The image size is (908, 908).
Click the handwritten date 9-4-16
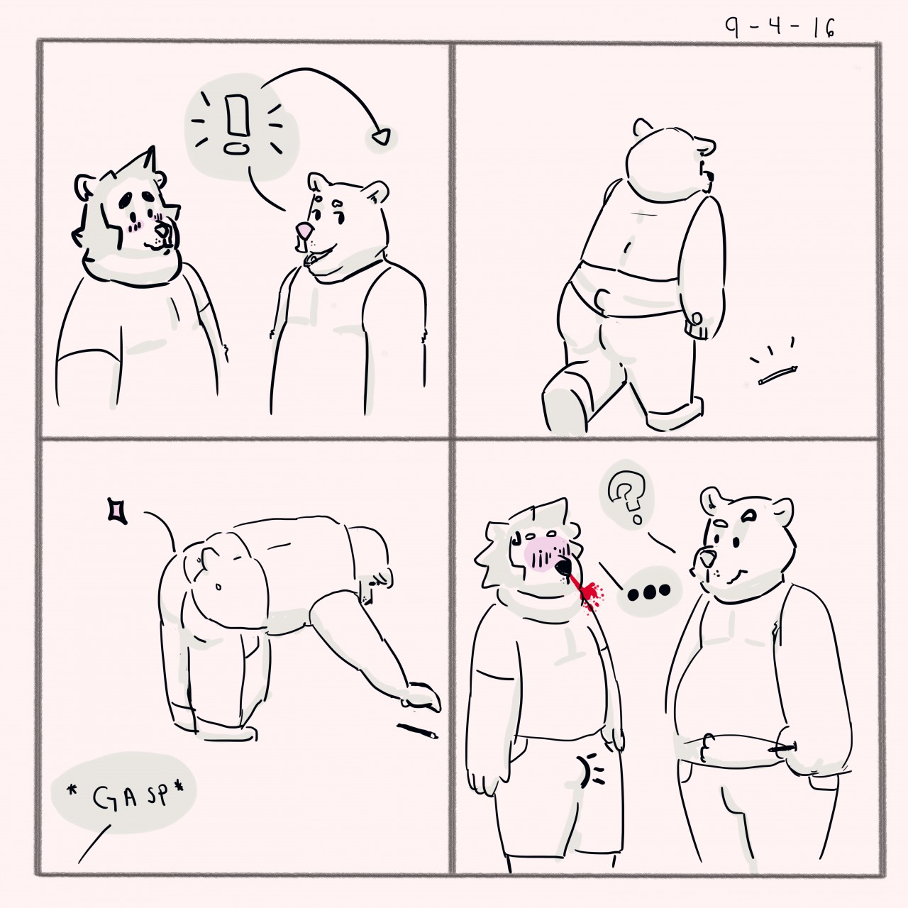[x=780, y=28]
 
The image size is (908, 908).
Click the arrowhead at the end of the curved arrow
[x=382, y=137]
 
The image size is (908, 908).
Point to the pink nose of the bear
[x=302, y=229]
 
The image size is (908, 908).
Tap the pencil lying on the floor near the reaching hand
[x=417, y=731]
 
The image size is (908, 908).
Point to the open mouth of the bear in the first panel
[x=312, y=258]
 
